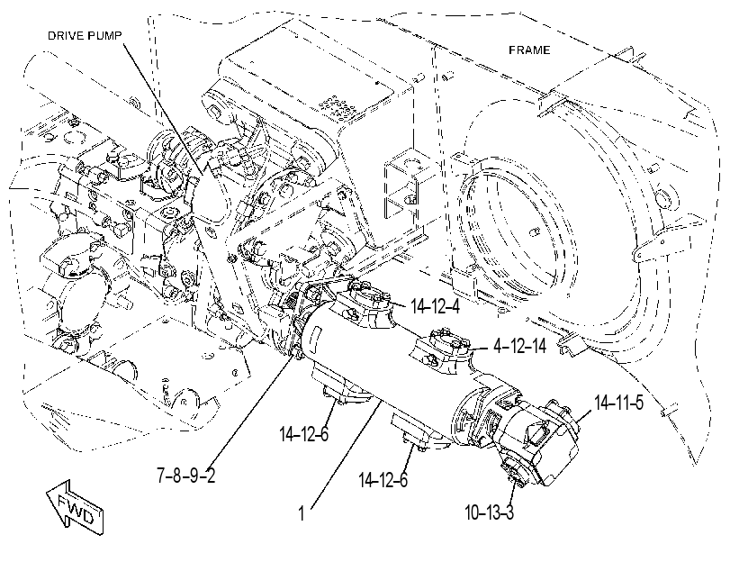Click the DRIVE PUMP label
pyautogui.click(x=85, y=36)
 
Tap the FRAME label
pyautogui.click(x=529, y=50)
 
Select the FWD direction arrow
pyautogui.click(x=75, y=508)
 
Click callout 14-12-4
pyautogui.click(x=435, y=306)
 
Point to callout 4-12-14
pyautogui.click(x=519, y=346)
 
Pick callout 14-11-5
pyautogui.click(x=618, y=403)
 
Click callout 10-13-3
pyautogui.click(x=490, y=512)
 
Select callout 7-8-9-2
pyautogui.click(x=185, y=476)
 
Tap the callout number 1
pyautogui.click(x=302, y=513)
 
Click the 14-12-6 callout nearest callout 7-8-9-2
pyautogui.click(x=304, y=434)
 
